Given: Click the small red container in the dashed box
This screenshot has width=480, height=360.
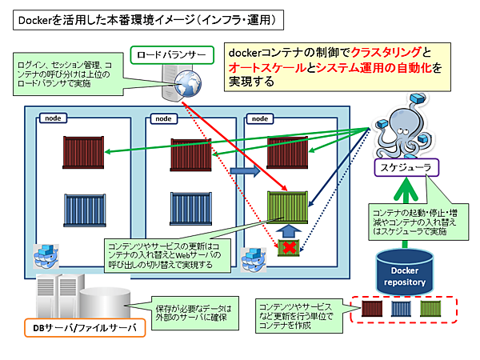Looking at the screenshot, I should pyautogui.click(x=374, y=310).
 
